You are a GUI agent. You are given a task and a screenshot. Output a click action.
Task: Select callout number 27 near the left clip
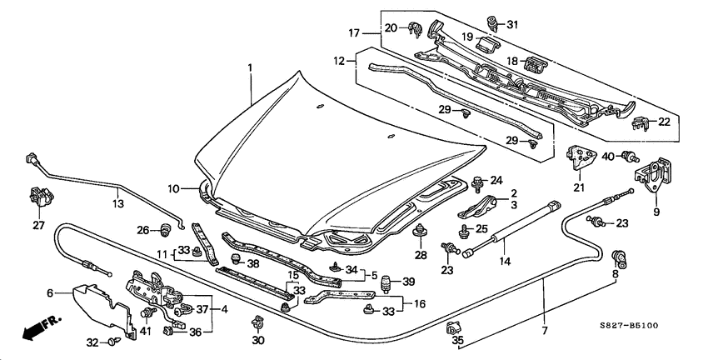[38, 224]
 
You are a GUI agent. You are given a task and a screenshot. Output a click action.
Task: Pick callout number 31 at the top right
[511, 24]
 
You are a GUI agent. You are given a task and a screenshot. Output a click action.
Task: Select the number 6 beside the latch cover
[49, 292]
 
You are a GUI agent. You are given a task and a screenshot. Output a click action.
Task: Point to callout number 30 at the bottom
[257, 341]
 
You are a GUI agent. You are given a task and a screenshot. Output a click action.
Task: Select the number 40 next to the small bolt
[609, 157]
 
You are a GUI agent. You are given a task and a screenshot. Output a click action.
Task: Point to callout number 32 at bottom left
[92, 342]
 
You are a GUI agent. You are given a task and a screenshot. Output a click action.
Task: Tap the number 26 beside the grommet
[142, 230]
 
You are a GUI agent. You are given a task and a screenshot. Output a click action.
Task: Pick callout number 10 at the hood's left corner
[173, 190]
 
